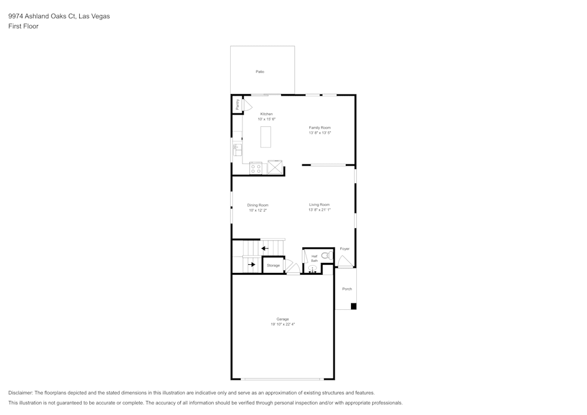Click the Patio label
[259, 72]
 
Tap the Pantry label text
[237, 104]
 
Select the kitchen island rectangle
[266, 136]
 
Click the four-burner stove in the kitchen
[256, 168]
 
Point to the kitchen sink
[238, 149]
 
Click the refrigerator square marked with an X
[275, 168]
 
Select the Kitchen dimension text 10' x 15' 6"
[266, 119]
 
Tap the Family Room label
[320, 127]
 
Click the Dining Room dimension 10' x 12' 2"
[258, 210]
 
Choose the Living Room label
[320, 204]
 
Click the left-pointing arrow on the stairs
[265, 248]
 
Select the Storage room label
[273, 265]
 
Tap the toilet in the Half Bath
[326, 255]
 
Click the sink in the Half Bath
[312, 269]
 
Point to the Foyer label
[345, 249]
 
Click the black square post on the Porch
[353, 306]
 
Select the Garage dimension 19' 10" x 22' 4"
[283, 324]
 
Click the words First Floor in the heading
[23, 26]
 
